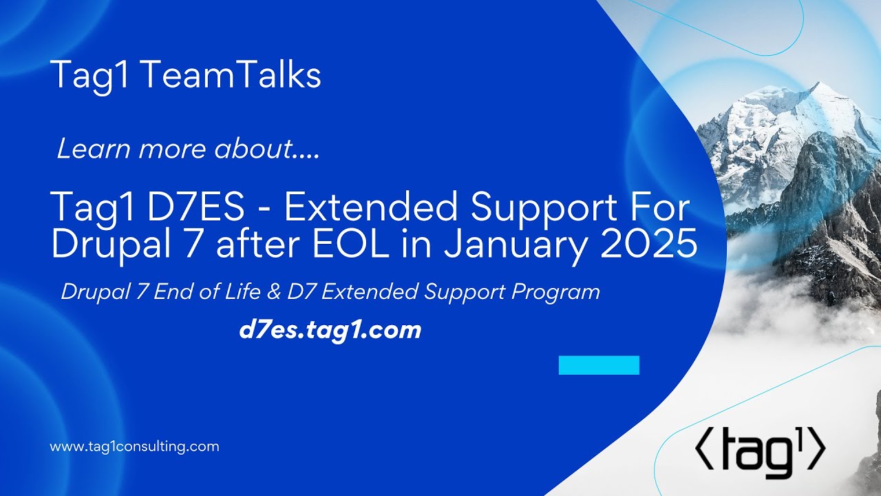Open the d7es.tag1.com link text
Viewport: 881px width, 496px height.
pos(330,331)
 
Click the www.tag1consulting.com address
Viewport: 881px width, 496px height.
pos(134,446)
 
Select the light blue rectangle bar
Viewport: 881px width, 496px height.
pos(599,365)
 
